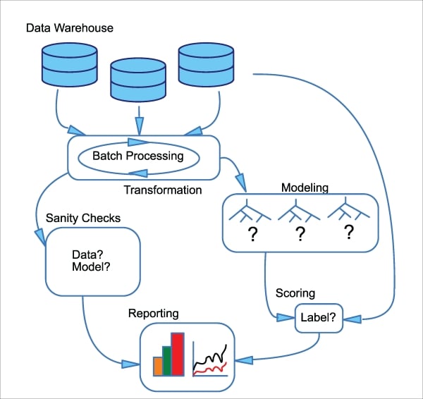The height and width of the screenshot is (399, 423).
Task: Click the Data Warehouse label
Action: (69, 28)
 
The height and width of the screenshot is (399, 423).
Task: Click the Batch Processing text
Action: (138, 156)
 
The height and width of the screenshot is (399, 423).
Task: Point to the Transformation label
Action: (163, 190)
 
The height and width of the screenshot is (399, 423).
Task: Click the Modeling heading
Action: (305, 188)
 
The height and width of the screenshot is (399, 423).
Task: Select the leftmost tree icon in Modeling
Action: (251, 211)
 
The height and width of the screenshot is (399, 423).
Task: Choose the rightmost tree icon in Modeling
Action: (348, 211)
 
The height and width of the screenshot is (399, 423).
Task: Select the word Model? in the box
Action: (91, 267)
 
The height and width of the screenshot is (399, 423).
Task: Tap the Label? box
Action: (319, 317)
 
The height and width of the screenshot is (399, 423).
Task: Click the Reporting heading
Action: (153, 312)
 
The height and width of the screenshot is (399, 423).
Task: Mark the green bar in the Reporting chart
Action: (168, 360)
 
